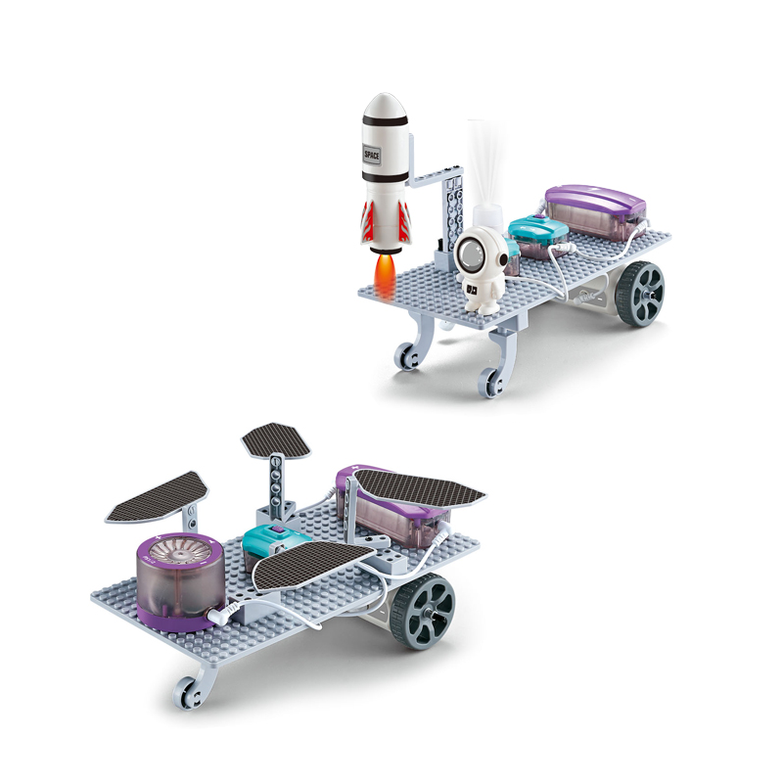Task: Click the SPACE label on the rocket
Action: (372, 155)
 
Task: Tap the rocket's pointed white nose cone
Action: (385, 106)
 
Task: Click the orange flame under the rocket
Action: (385, 276)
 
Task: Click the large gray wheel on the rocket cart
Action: (640, 294)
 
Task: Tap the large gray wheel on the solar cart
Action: (423, 610)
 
